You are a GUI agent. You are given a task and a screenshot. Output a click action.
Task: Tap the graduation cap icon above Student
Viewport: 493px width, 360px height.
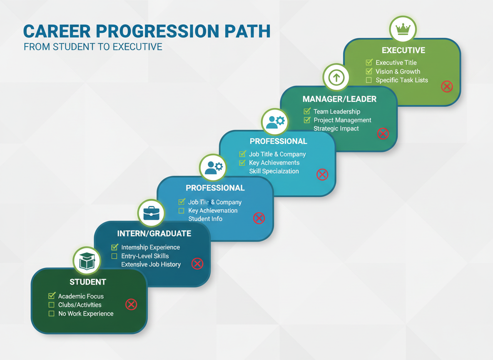(x=87, y=261)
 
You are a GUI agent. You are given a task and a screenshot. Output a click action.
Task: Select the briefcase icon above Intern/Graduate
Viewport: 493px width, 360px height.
(x=151, y=213)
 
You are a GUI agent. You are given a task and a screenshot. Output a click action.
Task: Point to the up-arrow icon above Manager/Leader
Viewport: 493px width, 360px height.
(x=336, y=77)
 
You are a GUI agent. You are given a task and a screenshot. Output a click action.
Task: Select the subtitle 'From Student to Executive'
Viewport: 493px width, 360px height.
(x=93, y=47)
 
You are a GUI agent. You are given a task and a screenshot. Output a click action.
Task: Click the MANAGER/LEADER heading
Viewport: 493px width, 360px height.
(x=339, y=99)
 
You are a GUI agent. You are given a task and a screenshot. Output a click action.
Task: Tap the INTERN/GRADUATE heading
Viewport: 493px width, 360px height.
(x=154, y=233)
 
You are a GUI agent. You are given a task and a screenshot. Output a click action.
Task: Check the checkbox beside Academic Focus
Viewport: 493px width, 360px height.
(x=52, y=296)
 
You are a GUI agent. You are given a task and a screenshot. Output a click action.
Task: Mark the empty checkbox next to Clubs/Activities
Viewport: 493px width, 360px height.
(x=52, y=305)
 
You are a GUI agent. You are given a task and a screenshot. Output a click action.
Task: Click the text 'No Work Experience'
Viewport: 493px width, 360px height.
(x=86, y=314)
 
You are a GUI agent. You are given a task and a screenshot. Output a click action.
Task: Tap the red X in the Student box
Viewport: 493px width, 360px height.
(x=131, y=305)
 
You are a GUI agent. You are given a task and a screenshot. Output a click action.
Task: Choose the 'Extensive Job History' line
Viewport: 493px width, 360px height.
(x=151, y=264)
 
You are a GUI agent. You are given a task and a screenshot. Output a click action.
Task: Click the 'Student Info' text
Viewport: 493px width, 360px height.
(x=205, y=219)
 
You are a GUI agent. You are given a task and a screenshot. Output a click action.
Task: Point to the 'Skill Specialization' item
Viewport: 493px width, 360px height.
(x=274, y=171)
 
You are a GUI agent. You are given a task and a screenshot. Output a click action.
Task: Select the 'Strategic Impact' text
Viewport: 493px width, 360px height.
(x=336, y=129)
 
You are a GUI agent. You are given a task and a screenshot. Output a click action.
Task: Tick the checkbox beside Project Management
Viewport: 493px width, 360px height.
(x=307, y=120)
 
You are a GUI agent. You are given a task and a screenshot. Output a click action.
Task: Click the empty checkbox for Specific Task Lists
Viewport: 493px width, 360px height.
(x=369, y=80)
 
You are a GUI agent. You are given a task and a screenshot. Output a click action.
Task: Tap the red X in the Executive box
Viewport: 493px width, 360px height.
(x=447, y=87)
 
